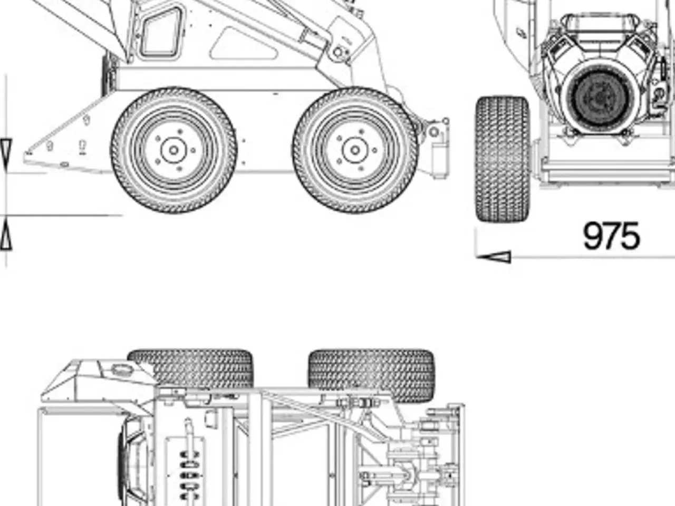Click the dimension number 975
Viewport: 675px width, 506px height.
611,236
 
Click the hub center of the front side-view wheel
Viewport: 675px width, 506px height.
173,150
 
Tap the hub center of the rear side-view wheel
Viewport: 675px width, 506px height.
355,150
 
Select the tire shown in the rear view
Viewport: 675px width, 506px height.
503,159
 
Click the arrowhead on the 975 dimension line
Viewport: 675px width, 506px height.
494,257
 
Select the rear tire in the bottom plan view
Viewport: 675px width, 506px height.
371,375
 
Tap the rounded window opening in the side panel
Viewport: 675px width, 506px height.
161,32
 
